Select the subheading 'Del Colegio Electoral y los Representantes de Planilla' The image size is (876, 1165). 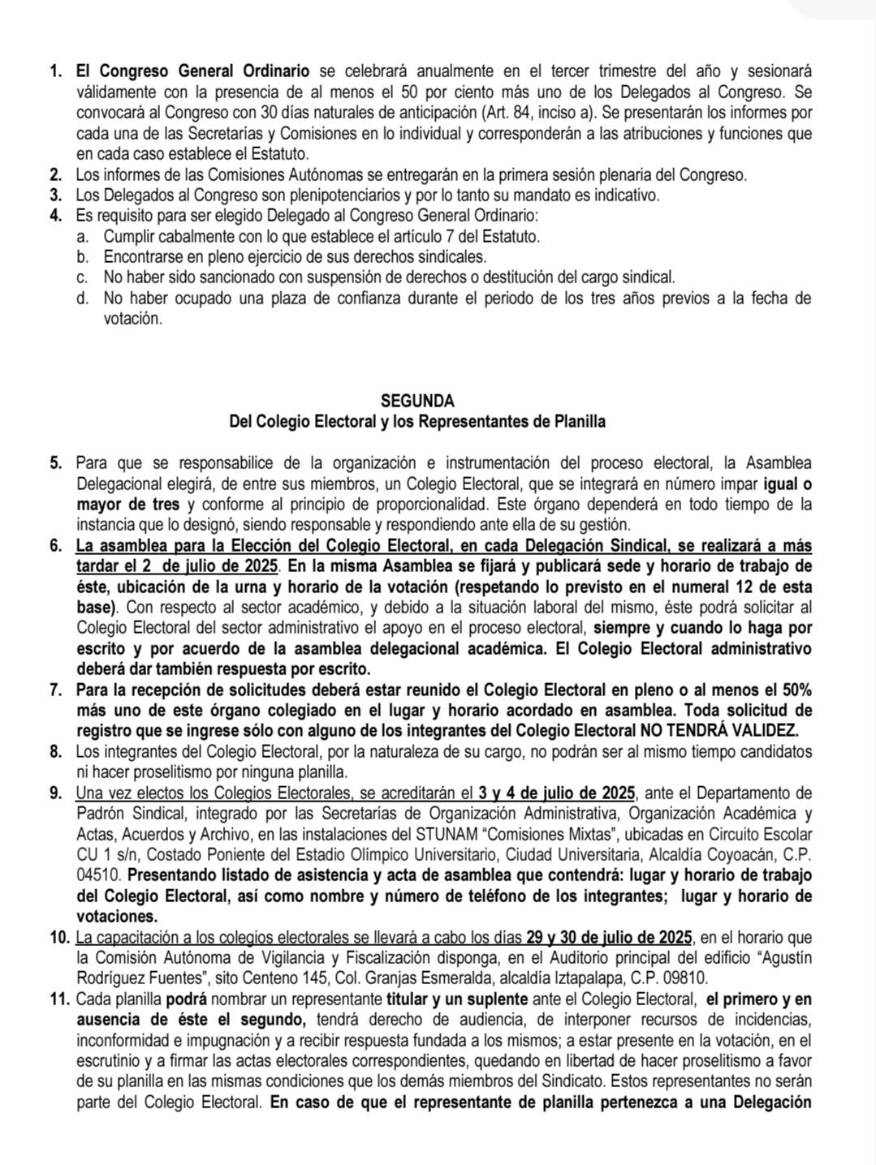[x=417, y=422]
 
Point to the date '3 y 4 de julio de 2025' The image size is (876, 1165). [x=559, y=793]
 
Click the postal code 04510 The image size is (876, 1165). [x=98, y=876]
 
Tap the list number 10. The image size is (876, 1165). [x=58, y=938]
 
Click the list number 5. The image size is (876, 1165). [x=55, y=463]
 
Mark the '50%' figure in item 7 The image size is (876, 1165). [x=793, y=690]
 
